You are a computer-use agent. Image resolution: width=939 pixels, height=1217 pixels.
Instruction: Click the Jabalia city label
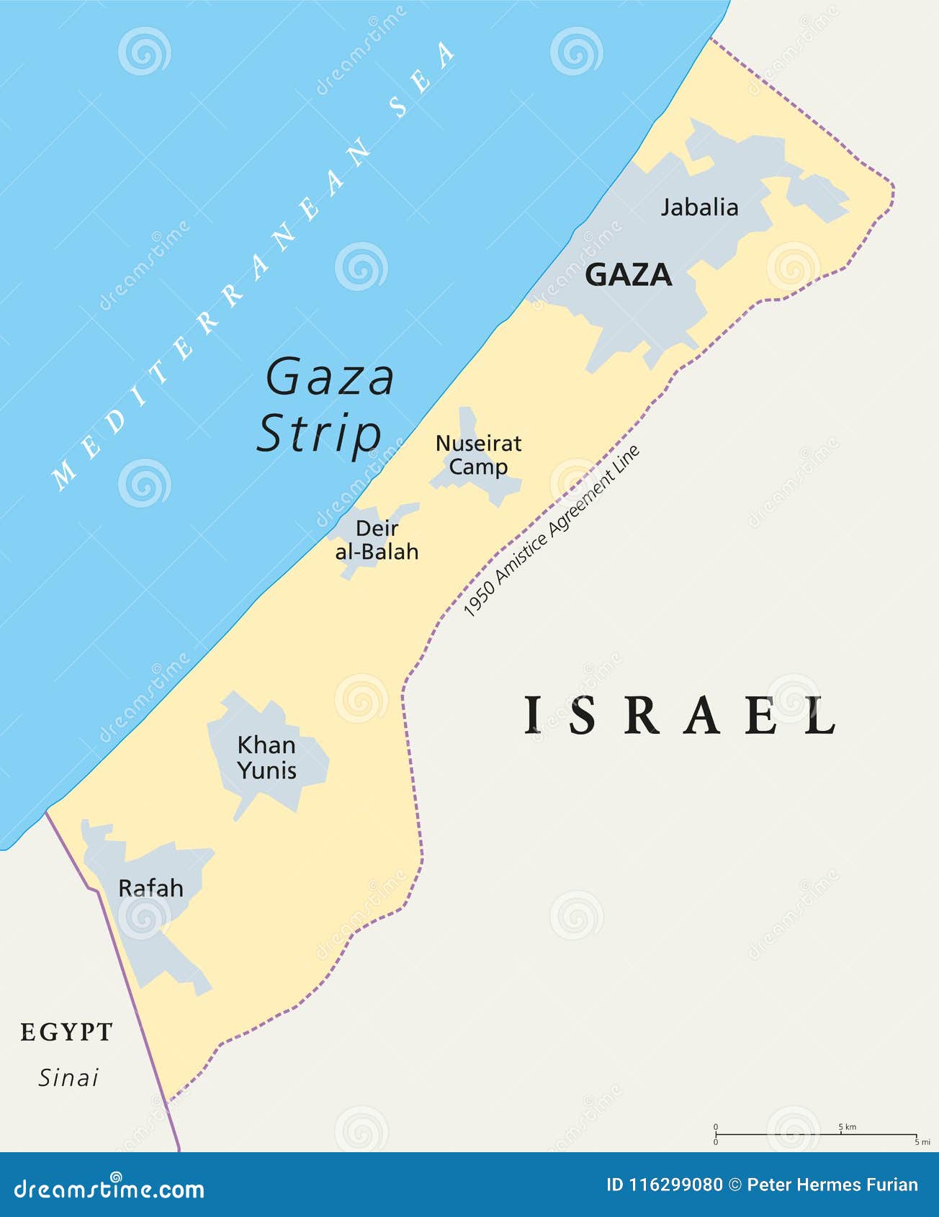click(699, 207)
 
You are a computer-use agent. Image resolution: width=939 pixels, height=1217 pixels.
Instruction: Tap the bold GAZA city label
click(628, 275)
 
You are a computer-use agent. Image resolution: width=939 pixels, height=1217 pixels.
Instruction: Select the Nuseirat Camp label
click(478, 455)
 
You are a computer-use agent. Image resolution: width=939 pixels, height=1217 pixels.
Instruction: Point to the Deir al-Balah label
click(377, 540)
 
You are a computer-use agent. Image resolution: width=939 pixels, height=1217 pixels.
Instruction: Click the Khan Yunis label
click(267, 758)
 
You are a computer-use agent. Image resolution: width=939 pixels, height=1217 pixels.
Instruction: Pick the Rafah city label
click(150, 888)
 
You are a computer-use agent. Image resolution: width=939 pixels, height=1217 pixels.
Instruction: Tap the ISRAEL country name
click(680, 716)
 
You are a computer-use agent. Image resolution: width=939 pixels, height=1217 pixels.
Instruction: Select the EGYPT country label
click(66, 1032)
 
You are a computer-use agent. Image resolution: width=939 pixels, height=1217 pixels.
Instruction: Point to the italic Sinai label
click(68, 1078)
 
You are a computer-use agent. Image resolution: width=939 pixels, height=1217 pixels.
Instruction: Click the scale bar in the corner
click(815, 1134)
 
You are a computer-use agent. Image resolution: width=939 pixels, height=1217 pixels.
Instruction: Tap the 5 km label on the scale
click(848, 1126)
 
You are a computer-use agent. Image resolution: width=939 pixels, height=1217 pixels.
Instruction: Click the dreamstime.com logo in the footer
click(109, 1188)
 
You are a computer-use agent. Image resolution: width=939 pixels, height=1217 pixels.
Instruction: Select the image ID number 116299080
click(676, 1185)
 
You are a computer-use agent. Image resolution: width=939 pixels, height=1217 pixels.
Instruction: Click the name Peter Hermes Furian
click(832, 1185)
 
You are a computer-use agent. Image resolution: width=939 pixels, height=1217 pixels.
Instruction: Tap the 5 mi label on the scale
click(922, 1142)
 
